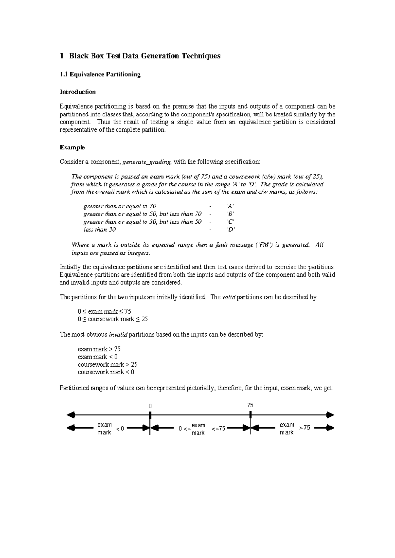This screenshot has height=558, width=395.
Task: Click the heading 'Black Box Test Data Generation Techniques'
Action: [x=145, y=56]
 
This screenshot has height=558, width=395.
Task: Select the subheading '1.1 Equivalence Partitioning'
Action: [x=100, y=74]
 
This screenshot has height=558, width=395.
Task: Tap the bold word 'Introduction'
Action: [x=78, y=92]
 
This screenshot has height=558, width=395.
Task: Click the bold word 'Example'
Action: [x=72, y=147]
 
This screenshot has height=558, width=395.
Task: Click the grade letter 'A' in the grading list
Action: [x=231, y=206]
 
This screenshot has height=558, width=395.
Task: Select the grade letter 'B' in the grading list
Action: [x=231, y=214]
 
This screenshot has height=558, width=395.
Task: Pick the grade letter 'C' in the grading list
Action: [x=231, y=222]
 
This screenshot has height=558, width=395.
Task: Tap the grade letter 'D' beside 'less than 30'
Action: [x=231, y=230]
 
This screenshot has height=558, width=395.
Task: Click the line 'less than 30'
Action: [x=99, y=230]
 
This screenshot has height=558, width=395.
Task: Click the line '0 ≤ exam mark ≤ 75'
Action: [x=105, y=311]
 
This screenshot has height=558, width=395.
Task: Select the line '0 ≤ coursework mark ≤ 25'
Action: [x=113, y=319]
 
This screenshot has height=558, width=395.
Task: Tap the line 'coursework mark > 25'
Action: [x=108, y=365]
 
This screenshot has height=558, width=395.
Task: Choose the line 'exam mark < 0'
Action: [x=98, y=357]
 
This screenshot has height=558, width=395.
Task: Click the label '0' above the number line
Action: [x=150, y=406]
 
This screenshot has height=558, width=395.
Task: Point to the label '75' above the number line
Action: [x=250, y=405]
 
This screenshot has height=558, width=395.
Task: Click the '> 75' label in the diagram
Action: [x=304, y=428]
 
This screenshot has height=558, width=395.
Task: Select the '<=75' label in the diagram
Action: [x=218, y=429]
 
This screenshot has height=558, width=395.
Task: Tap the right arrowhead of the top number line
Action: [x=331, y=415]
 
